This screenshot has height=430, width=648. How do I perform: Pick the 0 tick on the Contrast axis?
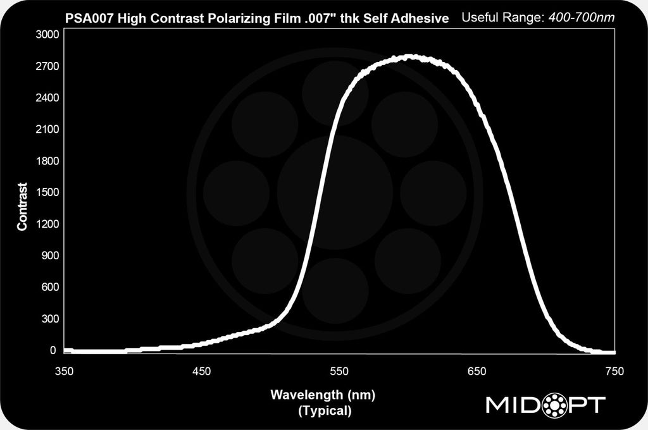53,350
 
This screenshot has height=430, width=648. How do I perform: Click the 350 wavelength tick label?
65,371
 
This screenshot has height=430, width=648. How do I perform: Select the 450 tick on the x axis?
202,371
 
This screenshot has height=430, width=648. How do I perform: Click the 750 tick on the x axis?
614,371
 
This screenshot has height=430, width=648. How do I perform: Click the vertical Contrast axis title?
23,207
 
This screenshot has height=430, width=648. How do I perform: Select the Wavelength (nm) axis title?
323,396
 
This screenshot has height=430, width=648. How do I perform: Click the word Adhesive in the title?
425,19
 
